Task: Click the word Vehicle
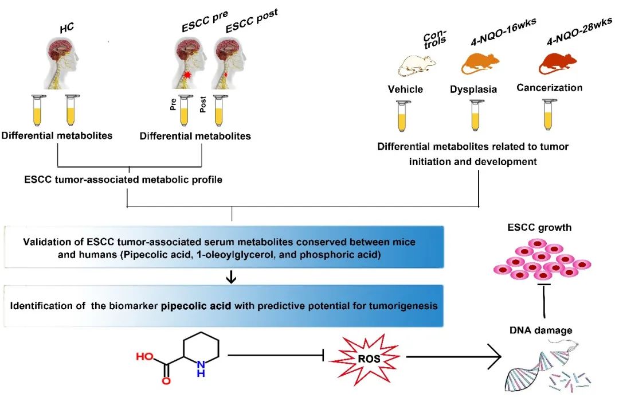pyautogui.click(x=405, y=89)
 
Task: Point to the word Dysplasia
pyautogui.click(x=474, y=89)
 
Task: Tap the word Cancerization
pyautogui.click(x=549, y=88)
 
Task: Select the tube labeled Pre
pyautogui.click(x=185, y=110)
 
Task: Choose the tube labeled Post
pyautogui.click(x=218, y=110)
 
